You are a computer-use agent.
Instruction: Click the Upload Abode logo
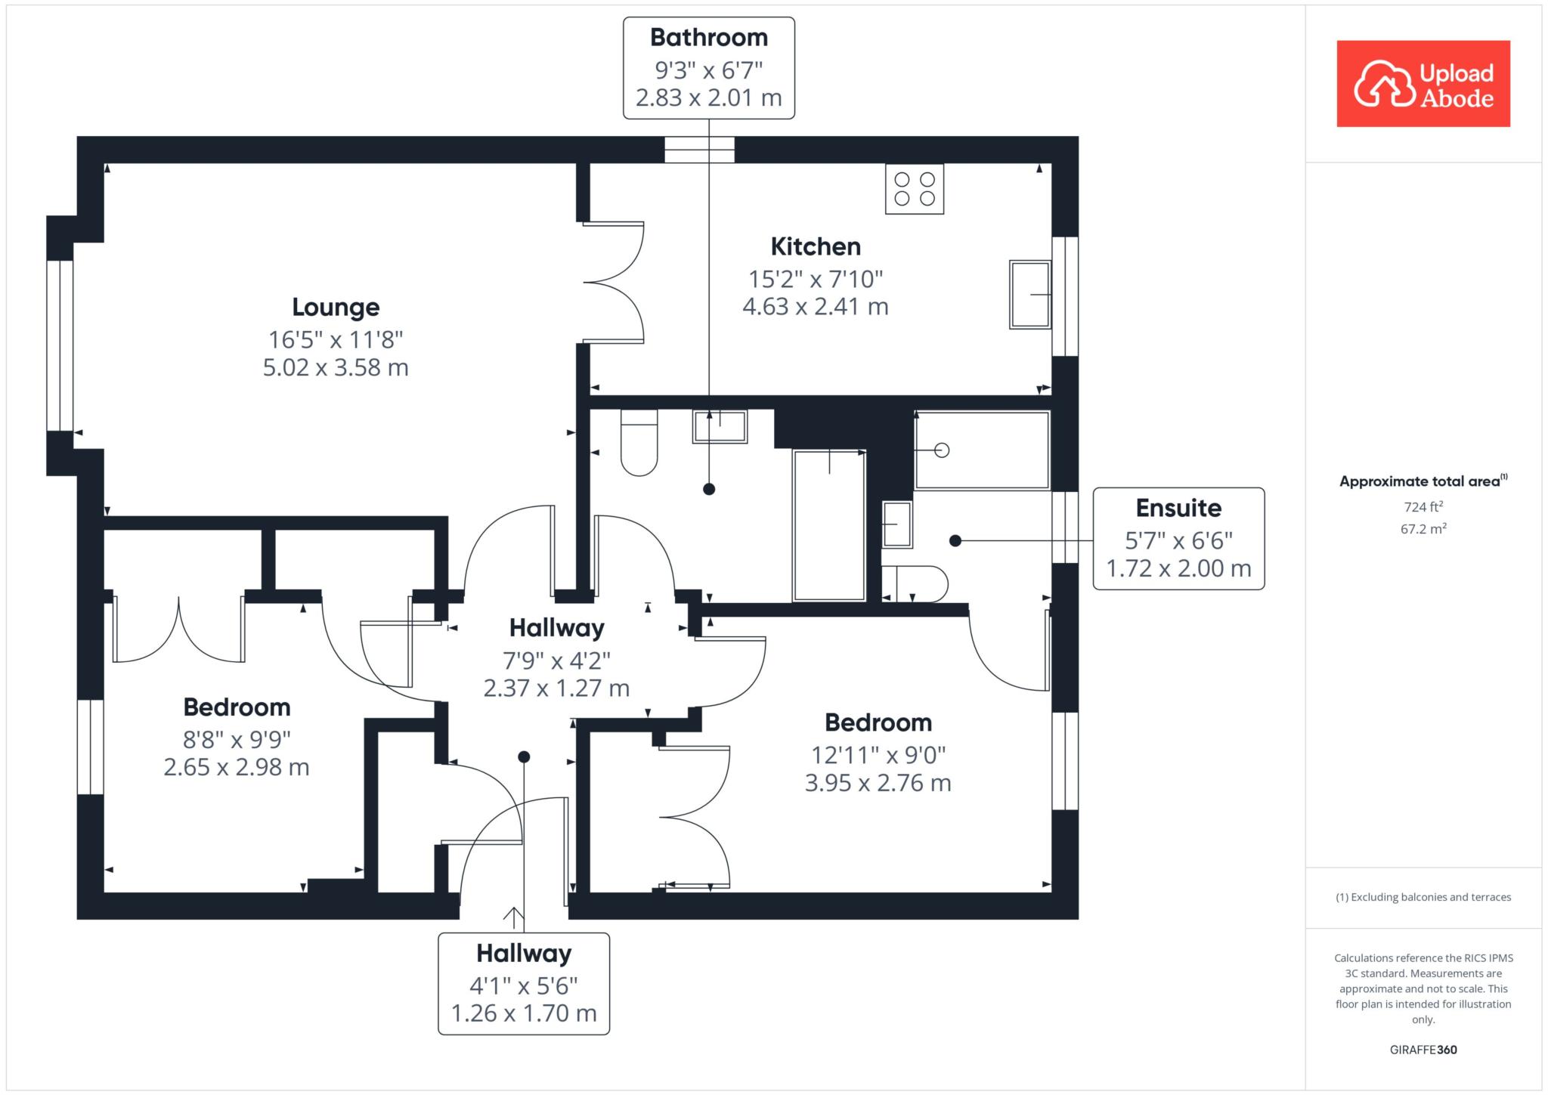pyautogui.click(x=1423, y=84)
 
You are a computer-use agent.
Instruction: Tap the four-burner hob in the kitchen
pyautogui.click(x=915, y=189)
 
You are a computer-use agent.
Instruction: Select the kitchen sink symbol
pyautogui.click(x=1030, y=295)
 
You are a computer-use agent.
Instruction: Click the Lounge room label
pyautogui.click(x=336, y=308)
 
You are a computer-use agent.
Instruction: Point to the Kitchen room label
pyautogui.click(x=816, y=247)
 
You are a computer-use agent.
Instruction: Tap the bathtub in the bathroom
pyautogui.click(x=829, y=525)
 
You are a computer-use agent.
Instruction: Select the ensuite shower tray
pyautogui.click(x=982, y=450)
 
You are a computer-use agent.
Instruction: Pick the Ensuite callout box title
pyautogui.click(x=1178, y=509)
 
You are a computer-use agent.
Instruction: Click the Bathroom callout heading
pyautogui.click(x=709, y=38)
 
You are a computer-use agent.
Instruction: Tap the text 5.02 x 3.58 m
pyautogui.click(x=336, y=368)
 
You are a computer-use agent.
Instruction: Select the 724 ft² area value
pyautogui.click(x=1423, y=507)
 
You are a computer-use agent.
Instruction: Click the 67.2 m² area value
pyautogui.click(x=1423, y=529)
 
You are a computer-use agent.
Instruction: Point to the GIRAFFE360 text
pyautogui.click(x=1423, y=1050)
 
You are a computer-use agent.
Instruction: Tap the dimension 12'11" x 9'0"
pyautogui.click(x=878, y=755)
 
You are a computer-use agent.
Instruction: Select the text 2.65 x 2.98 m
pyautogui.click(x=237, y=768)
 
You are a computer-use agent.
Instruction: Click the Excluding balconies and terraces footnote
pyautogui.click(x=1423, y=897)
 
